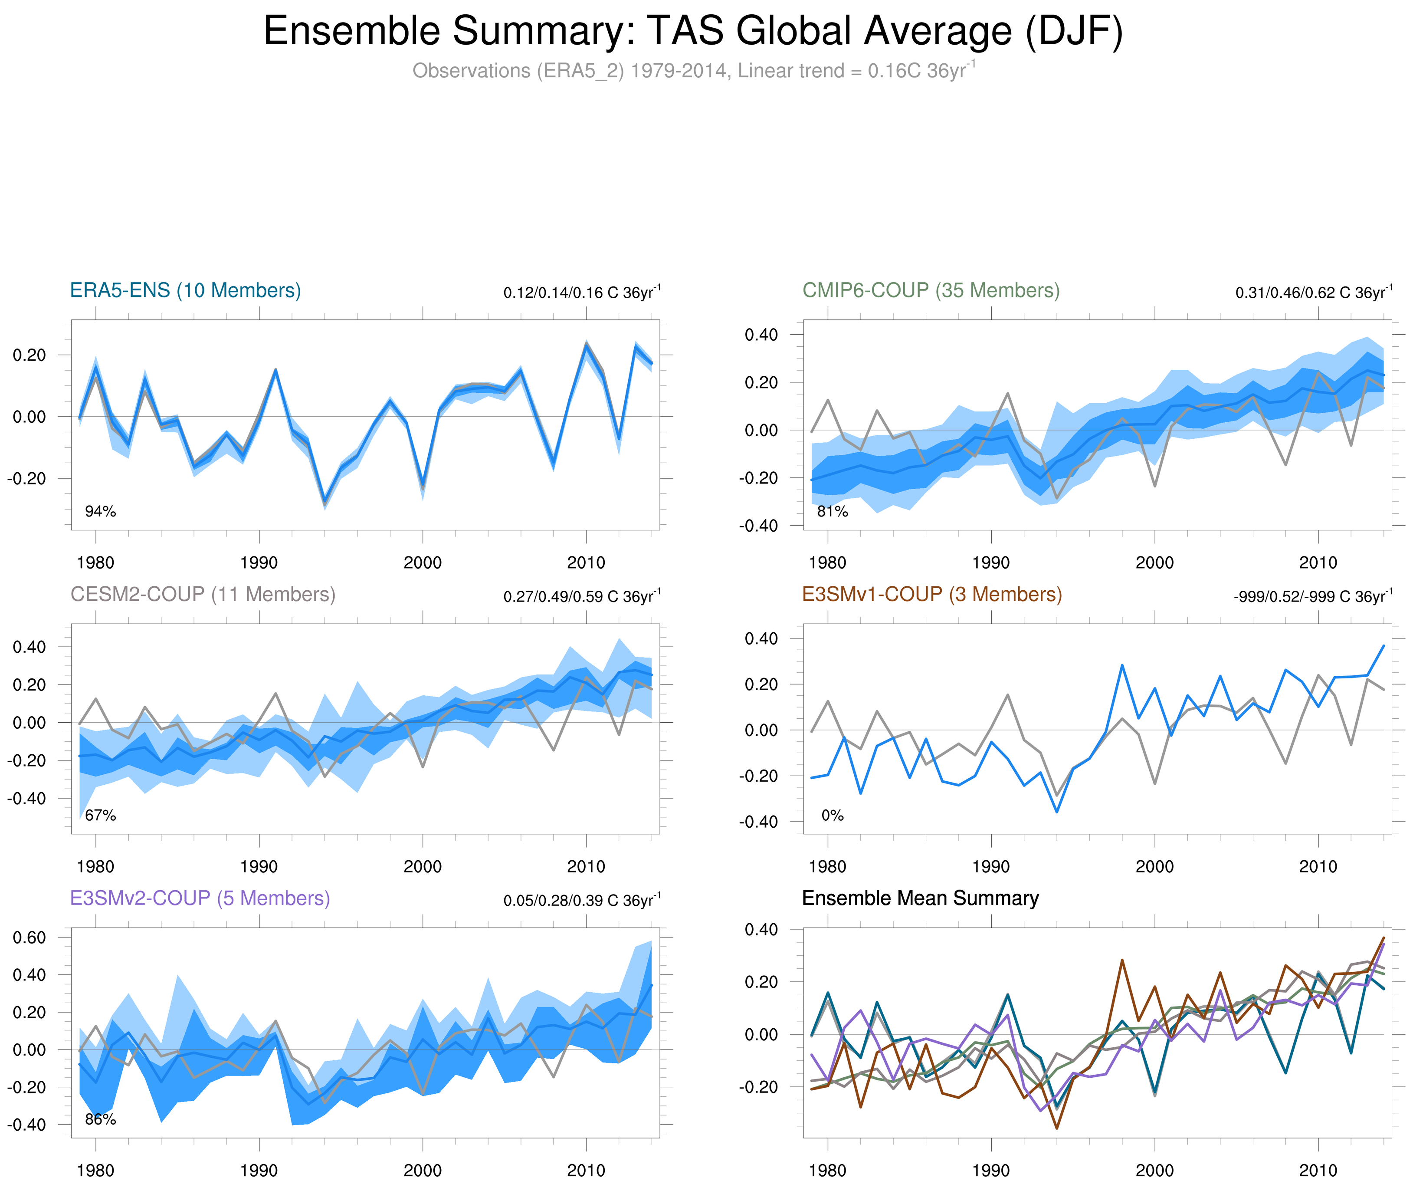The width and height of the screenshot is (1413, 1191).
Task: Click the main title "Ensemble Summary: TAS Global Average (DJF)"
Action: [x=693, y=31]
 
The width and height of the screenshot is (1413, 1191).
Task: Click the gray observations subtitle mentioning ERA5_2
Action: [x=693, y=71]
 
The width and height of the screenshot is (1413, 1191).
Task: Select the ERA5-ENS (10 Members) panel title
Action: [x=186, y=290]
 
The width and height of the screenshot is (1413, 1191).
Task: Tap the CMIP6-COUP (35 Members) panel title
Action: [x=931, y=290]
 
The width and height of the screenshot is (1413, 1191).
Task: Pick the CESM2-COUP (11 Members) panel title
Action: [x=203, y=594]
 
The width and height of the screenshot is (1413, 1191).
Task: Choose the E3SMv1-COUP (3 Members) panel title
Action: [x=931, y=594]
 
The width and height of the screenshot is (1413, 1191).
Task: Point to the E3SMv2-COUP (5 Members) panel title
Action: [x=200, y=898]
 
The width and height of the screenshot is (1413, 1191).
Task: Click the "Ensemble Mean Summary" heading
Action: [x=920, y=898]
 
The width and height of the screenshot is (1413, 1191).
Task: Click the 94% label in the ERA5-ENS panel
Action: [x=101, y=512]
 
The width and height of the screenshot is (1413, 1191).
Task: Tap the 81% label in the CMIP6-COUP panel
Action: [x=832, y=512]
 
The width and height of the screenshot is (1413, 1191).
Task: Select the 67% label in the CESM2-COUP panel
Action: [x=101, y=816]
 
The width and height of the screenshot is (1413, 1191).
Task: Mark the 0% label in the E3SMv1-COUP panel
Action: [x=832, y=816]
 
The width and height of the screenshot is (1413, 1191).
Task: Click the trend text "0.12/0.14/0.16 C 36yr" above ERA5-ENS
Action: [x=582, y=293]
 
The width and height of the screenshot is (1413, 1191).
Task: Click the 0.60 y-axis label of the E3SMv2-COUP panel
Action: [x=30, y=937]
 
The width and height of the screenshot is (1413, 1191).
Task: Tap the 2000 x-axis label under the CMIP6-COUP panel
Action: [x=1154, y=563]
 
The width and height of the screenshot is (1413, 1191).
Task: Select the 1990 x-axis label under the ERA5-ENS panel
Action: [x=259, y=563]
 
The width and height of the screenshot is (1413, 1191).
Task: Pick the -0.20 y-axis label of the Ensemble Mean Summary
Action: [x=761, y=1087]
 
